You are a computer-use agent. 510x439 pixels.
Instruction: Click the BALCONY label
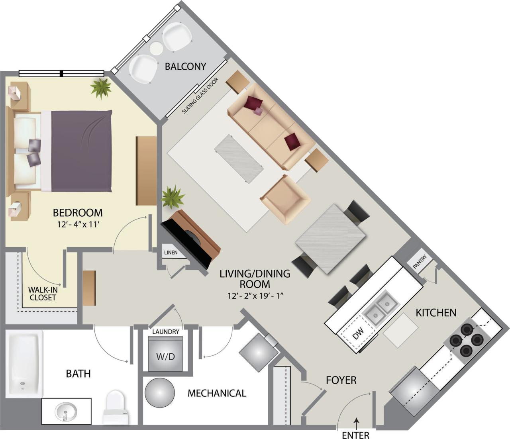pos(185,66)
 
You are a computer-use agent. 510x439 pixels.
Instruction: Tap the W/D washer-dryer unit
pos(165,354)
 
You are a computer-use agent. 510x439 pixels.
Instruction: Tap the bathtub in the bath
pos(24,365)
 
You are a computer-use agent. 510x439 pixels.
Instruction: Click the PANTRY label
pos(420,263)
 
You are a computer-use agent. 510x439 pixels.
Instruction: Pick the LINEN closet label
pos(171,253)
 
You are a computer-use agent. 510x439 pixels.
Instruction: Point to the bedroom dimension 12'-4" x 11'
pos(78,224)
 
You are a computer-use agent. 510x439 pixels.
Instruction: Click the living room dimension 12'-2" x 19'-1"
pos(255,296)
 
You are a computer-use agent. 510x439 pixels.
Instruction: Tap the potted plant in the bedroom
pos(101,88)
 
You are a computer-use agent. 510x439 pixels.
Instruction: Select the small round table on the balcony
pos(156,48)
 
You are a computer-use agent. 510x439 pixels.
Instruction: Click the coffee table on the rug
pos(239,159)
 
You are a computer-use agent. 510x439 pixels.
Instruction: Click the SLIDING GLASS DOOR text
pos(200,96)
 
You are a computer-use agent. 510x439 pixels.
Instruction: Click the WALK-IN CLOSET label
pos(43,294)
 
